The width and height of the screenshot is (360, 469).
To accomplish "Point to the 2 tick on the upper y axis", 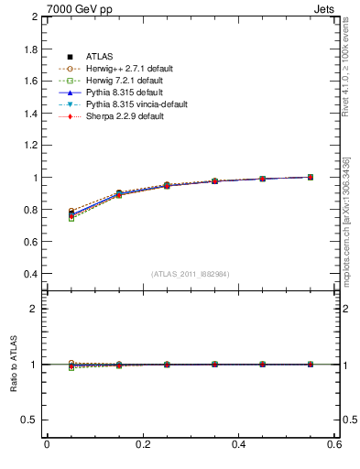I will pos(34,17).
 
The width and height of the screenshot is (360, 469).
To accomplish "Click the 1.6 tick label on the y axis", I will pos(30,82).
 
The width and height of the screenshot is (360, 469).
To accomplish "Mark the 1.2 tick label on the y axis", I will pos(30,146).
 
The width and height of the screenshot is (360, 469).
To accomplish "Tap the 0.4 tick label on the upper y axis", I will pos(30,274).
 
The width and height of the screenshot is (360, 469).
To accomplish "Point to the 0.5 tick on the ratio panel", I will pos(30,420).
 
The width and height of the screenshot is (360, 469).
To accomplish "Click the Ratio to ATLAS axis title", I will pos(12,365).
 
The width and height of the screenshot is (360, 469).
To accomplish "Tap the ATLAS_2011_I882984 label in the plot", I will pos(190,274).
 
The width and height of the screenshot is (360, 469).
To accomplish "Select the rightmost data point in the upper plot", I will pos(311,177).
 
